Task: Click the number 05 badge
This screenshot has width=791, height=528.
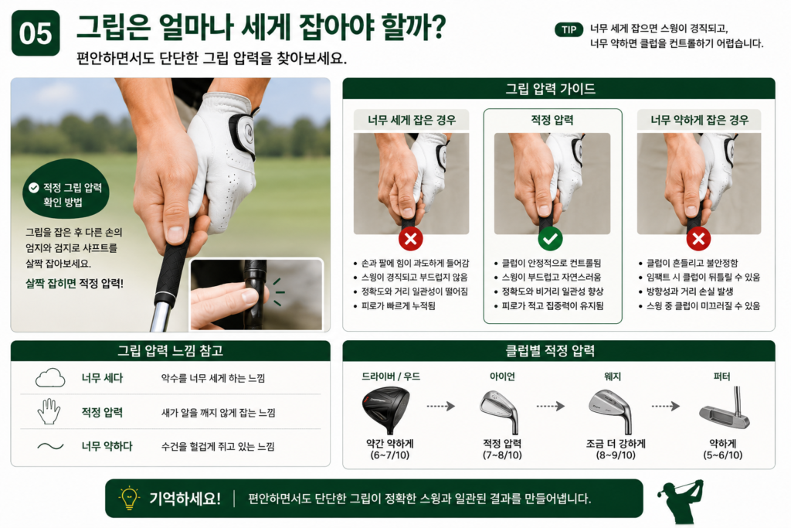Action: click(36, 32)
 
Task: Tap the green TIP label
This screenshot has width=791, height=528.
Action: click(569, 30)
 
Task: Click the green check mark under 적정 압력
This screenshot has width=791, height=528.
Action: click(550, 239)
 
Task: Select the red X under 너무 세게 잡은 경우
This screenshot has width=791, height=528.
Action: click(411, 239)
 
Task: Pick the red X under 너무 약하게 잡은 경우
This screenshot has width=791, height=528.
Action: click(698, 239)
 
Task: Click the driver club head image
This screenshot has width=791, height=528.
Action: click(386, 410)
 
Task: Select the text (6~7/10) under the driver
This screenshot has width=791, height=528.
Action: click(390, 455)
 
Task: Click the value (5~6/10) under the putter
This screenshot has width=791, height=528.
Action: click(723, 455)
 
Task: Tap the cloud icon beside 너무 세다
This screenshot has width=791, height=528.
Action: click(50, 378)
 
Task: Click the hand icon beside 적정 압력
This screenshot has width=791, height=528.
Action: click(49, 411)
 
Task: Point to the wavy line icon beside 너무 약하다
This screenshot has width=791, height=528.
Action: click(50, 446)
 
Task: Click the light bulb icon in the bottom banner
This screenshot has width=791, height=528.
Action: click(129, 497)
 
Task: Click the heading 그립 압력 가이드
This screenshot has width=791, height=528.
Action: click(550, 90)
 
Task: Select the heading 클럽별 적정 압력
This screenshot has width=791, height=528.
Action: click(550, 351)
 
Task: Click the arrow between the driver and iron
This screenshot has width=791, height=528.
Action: click(441, 406)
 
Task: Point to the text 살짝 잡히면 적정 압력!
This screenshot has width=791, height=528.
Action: click(75, 283)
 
